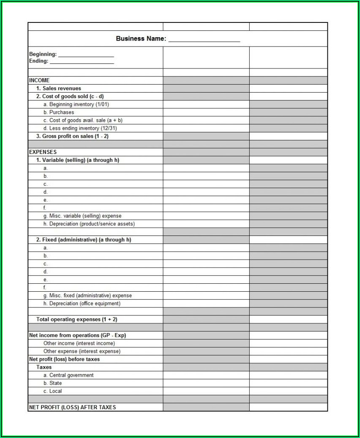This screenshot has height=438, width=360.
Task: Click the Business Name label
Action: pyautogui.click(x=141, y=38)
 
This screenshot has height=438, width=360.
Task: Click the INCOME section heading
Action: pyautogui.click(x=39, y=80)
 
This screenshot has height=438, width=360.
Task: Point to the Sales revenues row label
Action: pyautogui.click(x=59, y=88)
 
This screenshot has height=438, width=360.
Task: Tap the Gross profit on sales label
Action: pyautogui.click(x=72, y=136)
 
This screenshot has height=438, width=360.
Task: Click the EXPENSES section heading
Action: pyautogui.click(x=43, y=152)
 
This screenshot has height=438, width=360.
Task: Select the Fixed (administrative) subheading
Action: pyautogui.click(x=84, y=240)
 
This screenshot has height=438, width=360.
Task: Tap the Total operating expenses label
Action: pyautogui.click(x=77, y=319)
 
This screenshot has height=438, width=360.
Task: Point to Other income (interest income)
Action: pyautogui.click(x=79, y=343)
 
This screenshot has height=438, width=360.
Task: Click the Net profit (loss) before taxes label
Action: pyautogui.click(x=64, y=359)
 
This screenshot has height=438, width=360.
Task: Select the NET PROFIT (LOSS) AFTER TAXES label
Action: pyautogui.click(x=72, y=407)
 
